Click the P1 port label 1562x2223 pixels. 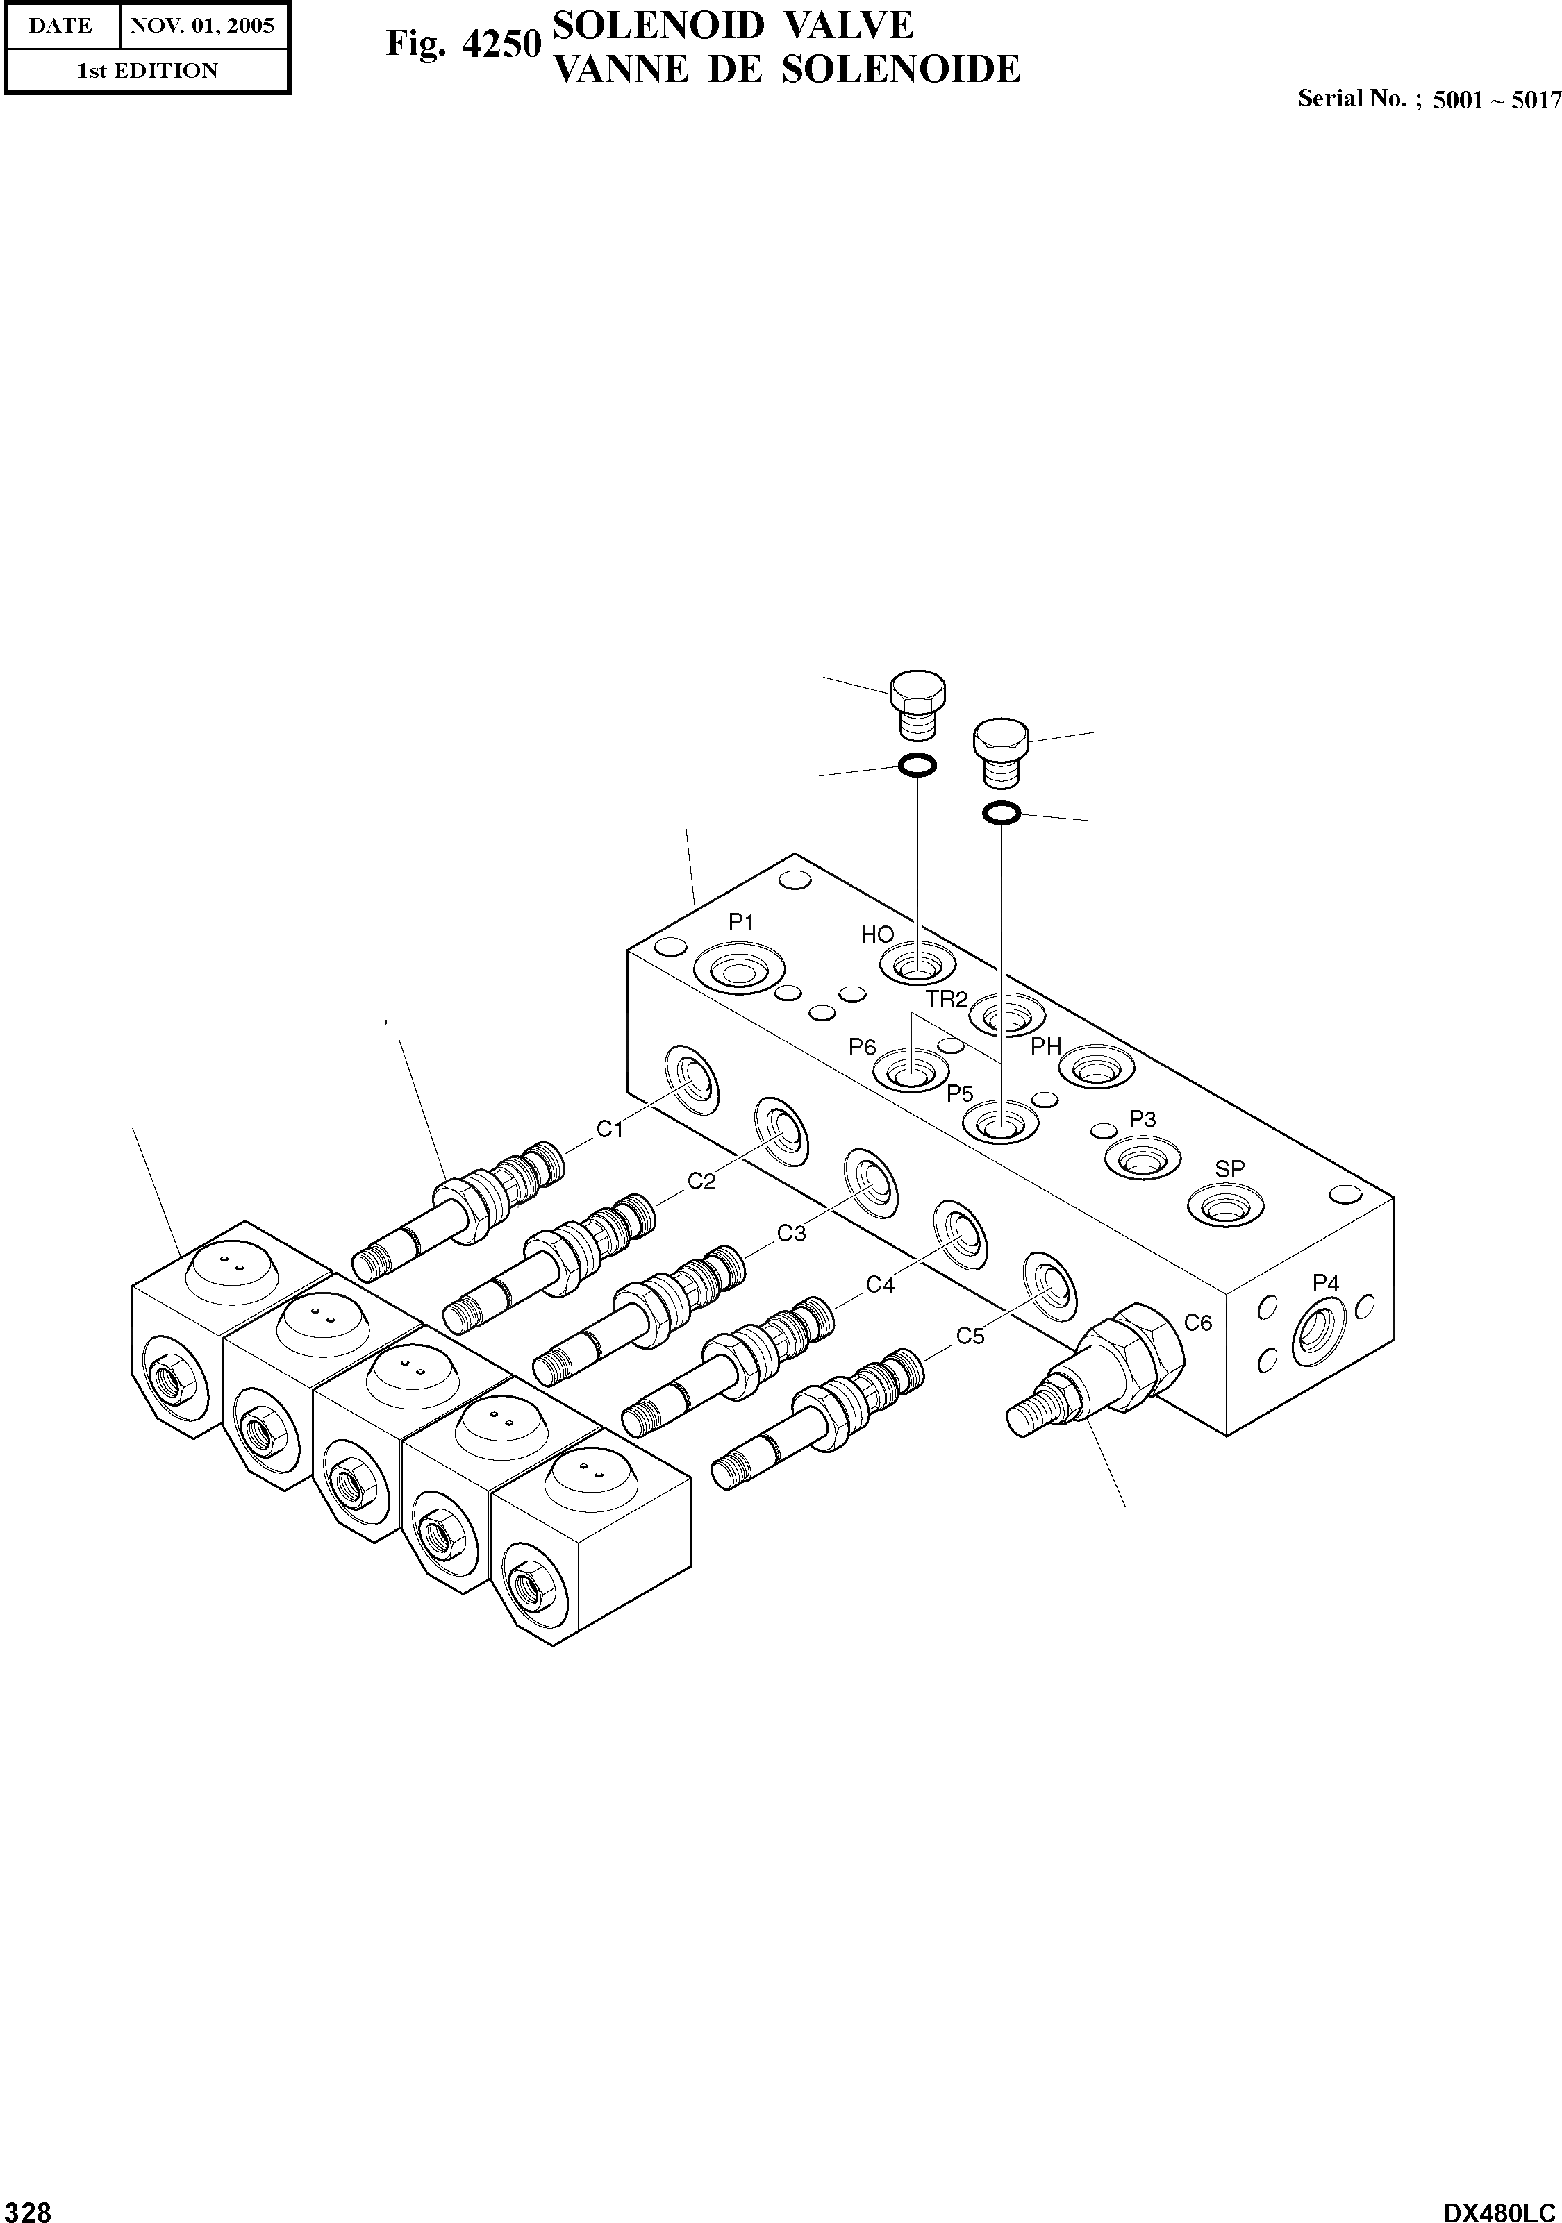tap(741, 923)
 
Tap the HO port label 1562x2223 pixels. tap(877, 935)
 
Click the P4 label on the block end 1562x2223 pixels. tap(1326, 1283)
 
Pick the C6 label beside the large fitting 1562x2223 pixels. tap(1199, 1323)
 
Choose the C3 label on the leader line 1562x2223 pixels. tap(791, 1234)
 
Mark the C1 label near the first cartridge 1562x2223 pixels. tap(609, 1129)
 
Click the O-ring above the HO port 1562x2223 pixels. tap(916, 766)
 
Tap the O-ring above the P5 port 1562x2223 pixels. tap(1002, 813)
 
